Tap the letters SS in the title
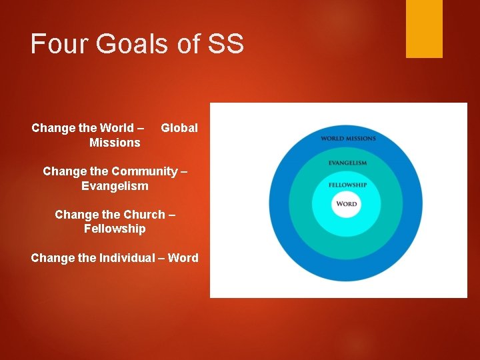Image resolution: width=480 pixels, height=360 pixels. click(x=226, y=44)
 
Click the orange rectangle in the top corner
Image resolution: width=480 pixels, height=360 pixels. click(x=424, y=28)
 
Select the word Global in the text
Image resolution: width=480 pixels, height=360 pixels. click(x=179, y=128)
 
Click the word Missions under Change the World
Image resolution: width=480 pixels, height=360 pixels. click(x=115, y=143)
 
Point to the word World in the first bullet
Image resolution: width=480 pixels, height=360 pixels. click(x=116, y=128)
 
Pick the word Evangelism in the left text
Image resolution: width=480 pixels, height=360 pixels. click(x=115, y=186)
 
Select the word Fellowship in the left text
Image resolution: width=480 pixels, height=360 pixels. click(x=115, y=229)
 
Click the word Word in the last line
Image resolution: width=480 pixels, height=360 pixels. click(x=183, y=258)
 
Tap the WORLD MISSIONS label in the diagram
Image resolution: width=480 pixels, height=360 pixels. click(x=348, y=139)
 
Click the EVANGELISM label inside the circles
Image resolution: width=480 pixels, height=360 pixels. click(x=347, y=163)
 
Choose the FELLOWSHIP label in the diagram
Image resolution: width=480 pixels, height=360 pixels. click(x=347, y=185)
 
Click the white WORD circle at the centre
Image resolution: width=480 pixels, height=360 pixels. click(x=347, y=204)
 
